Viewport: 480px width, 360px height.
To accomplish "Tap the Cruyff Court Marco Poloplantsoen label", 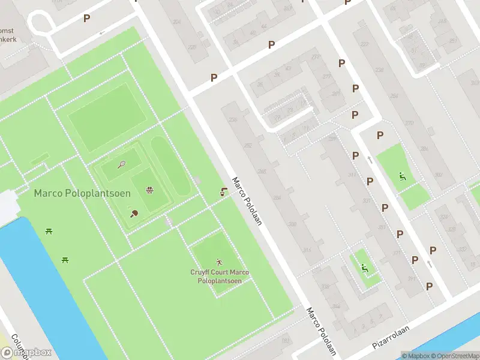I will [220, 277].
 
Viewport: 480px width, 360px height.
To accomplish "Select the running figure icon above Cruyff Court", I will [219, 262].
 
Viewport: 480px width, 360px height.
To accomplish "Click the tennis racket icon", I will [121, 164].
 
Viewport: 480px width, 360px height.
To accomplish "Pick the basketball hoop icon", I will [149, 191].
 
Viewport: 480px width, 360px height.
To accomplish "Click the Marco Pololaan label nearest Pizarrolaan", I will [321, 331].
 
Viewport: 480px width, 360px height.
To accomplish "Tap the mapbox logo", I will [26, 353].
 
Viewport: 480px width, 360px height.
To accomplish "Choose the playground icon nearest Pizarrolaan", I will [364, 268].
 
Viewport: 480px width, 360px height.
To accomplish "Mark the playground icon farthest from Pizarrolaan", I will [403, 176].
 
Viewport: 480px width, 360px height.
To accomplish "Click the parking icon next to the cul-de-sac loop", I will [87, 19].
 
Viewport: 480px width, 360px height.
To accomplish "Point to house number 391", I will [411, 278].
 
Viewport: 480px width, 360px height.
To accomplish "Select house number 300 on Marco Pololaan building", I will [292, 224].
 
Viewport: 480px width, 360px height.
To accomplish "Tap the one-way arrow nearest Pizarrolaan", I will [430, 264].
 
